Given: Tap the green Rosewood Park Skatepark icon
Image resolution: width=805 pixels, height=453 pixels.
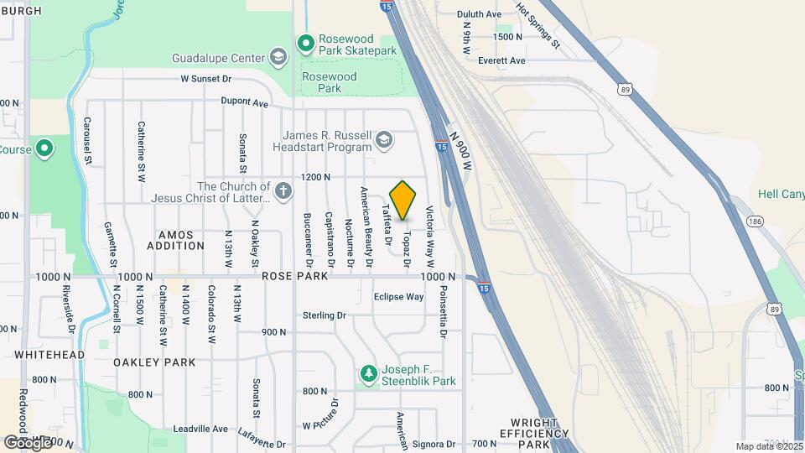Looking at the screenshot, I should point(306,43).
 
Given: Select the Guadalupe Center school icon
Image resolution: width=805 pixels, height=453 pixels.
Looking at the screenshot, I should point(278,58).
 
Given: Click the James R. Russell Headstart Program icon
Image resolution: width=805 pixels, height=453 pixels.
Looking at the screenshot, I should point(384,139).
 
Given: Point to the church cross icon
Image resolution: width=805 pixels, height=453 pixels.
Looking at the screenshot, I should point(283,191).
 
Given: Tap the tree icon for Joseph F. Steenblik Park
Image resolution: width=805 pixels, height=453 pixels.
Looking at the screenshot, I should point(366,373).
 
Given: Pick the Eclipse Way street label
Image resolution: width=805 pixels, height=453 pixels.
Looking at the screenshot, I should point(398,296).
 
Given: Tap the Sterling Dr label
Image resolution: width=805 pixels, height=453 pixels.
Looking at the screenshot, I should point(325,315).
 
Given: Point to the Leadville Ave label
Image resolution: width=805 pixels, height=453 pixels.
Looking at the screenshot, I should point(200,429).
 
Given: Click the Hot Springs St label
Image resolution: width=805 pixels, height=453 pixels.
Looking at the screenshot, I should point(538,25).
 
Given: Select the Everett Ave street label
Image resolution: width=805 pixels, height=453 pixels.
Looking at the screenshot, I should point(501,60).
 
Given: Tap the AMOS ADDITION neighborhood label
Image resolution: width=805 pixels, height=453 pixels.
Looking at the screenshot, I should point(175,240).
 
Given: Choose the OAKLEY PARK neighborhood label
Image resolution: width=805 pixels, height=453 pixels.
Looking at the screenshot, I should point(155,362).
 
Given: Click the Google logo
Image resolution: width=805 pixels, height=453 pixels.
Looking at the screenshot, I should point(27,441).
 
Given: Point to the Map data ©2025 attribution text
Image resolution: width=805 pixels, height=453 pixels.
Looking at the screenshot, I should point(768,446).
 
